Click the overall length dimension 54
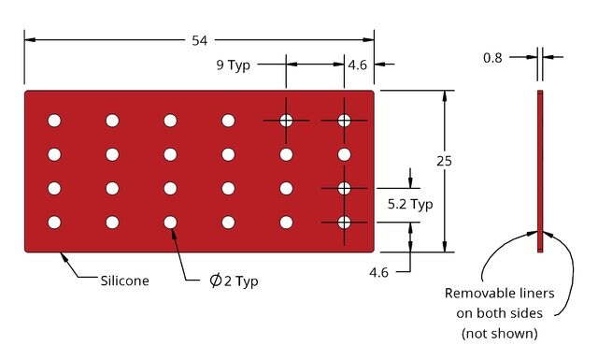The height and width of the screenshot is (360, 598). (199, 40)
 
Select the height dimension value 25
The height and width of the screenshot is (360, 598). (445, 161)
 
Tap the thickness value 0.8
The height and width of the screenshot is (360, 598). (492, 58)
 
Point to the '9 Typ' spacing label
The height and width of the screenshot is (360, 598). (234, 65)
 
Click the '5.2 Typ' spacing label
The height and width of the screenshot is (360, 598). (410, 204)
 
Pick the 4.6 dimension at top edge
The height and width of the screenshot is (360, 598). (357, 65)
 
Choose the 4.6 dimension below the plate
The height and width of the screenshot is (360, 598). (378, 273)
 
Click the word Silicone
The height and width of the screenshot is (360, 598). (124, 281)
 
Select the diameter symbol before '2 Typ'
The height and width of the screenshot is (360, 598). (216, 281)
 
